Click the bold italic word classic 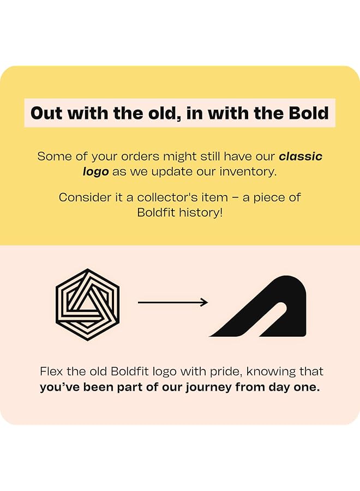[x=301, y=156]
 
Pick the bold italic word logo [x=95, y=172]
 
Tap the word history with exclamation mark [x=201, y=212]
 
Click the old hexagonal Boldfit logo [x=88, y=304]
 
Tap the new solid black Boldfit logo [x=258, y=306]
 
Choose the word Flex [x=52, y=372]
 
